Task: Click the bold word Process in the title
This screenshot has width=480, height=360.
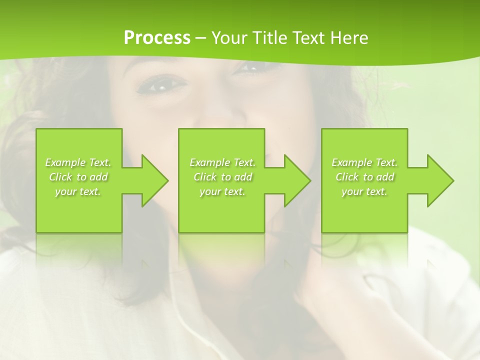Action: pos(157,38)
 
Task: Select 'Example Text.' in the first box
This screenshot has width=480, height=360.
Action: pos(78,162)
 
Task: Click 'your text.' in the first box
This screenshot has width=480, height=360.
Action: pos(78,191)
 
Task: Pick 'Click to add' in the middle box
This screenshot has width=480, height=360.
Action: pos(222,177)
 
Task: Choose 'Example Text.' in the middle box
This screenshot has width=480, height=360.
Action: pos(222,162)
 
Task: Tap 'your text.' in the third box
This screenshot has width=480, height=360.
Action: pos(364,191)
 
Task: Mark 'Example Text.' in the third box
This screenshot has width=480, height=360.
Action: pos(364,162)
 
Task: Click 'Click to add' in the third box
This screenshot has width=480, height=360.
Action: pos(364,177)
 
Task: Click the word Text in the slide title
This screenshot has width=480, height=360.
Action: pos(308,38)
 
